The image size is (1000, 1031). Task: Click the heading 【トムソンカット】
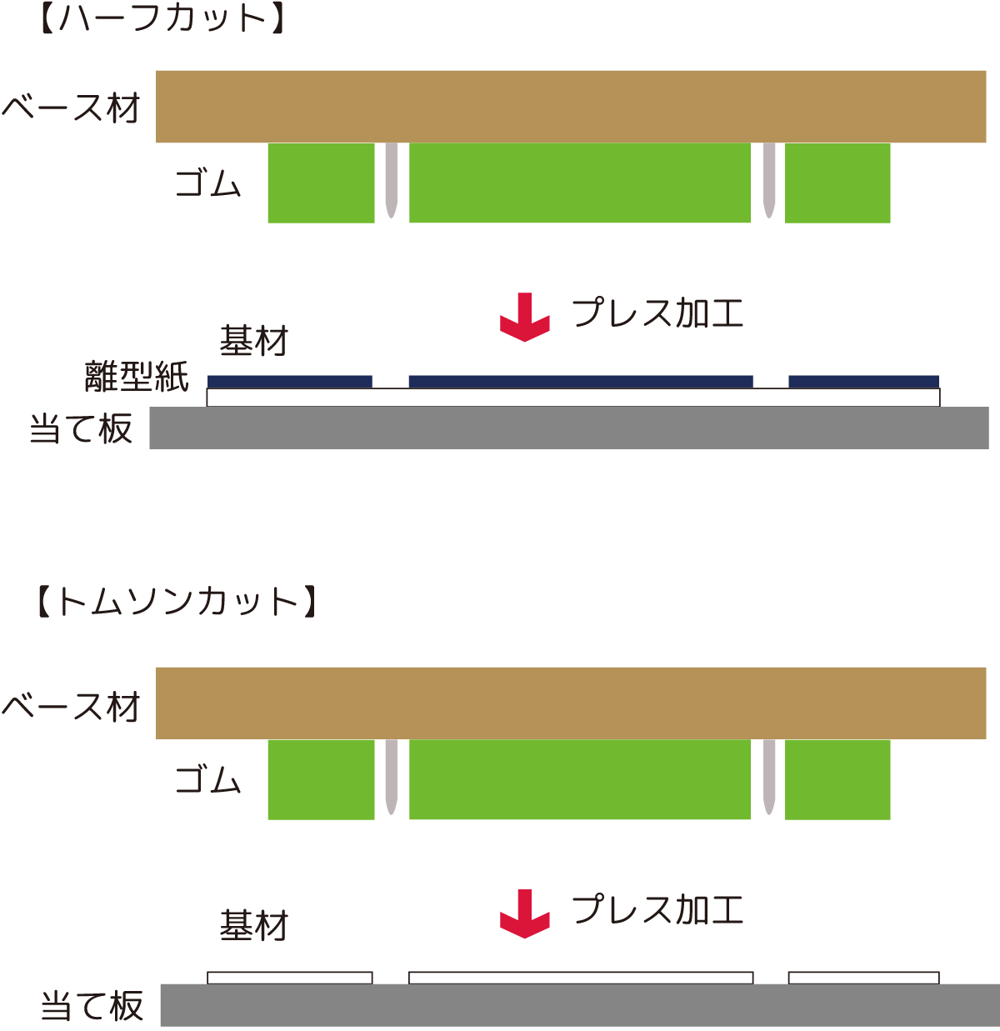coord(177,602)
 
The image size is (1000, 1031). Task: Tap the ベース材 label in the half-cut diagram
coord(72,108)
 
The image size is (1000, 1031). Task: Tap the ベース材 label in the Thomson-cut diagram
coord(72,707)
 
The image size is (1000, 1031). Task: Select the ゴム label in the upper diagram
coord(208,183)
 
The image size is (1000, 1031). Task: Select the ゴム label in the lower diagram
coord(208,780)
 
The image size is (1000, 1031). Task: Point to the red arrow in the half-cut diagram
coord(524,318)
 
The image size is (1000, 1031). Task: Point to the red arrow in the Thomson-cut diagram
coord(524,913)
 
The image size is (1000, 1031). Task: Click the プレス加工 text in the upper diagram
coord(657,313)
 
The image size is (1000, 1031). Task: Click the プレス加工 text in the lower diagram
coord(657,909)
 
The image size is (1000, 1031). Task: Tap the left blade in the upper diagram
coord(391,180)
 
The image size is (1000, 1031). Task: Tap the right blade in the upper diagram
coord(769,180)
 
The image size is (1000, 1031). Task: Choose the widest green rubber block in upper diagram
coord(580,183)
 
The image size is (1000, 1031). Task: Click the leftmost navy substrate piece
coord(289,382)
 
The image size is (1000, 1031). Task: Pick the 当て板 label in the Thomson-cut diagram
coord(92,1006)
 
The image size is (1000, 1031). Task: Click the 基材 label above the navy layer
coord(253,341)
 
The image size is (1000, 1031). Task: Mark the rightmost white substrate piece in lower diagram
coord(863,978)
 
